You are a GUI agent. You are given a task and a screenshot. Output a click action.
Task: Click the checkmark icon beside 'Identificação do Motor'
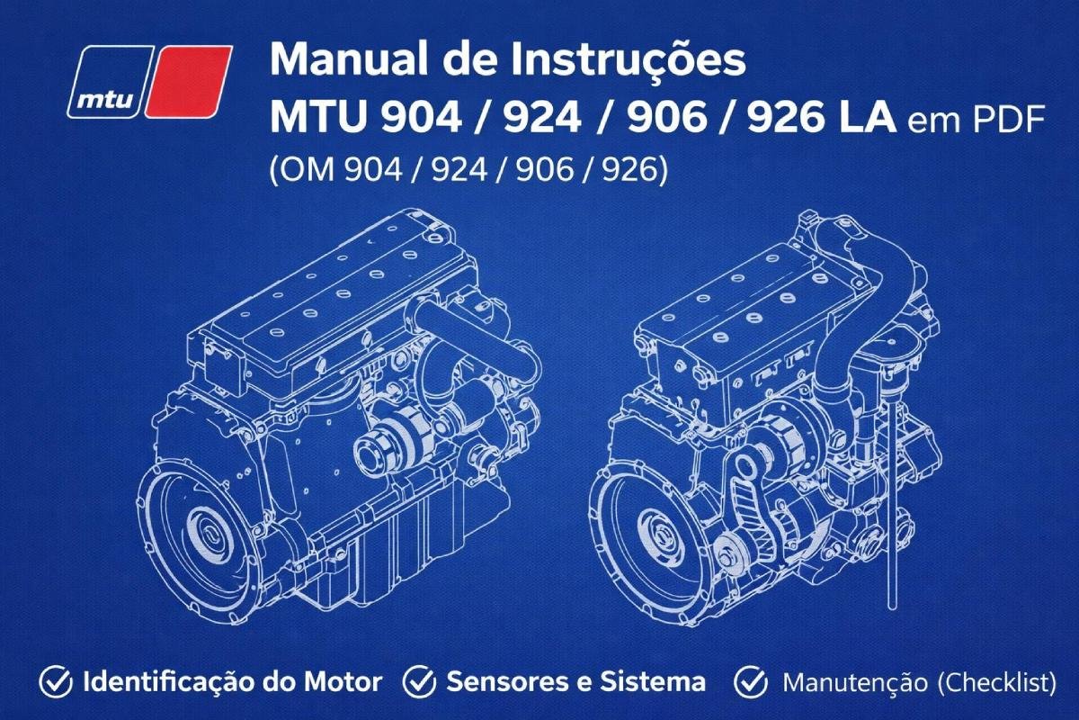coord(58,682)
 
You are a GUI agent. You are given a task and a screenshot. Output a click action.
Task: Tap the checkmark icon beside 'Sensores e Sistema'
coord(419,682)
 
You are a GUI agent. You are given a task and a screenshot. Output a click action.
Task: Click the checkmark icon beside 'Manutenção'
coord(750,682)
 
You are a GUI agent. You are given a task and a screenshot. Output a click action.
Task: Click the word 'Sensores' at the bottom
coord(499,682)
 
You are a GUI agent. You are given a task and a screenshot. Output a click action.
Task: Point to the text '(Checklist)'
coord(996,682)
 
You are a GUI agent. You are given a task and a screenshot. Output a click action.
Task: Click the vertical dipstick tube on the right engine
coord(891,504)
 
